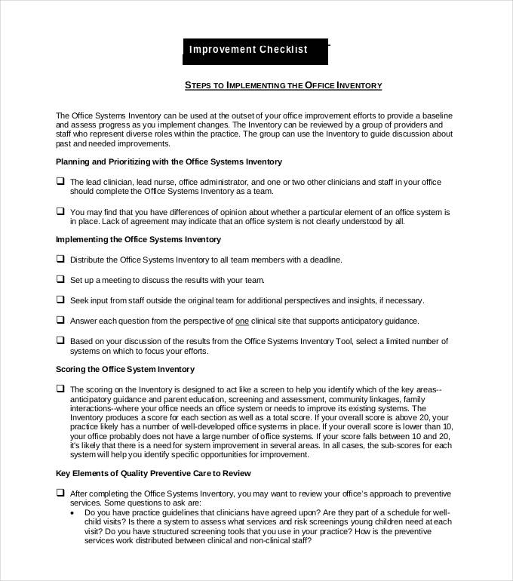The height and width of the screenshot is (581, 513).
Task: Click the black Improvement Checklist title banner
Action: pyautogui.click(x=256, y=50)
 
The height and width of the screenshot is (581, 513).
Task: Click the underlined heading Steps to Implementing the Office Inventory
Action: pyautogui.click(x=284, y=85)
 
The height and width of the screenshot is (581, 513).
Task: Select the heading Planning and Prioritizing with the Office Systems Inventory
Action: pyautogui.click(x=169, y=161)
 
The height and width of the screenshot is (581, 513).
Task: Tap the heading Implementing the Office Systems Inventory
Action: pyautogui.click(x=138, y=239)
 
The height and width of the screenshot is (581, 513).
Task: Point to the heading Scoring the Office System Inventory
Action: pyautogui.click(x=125, y=369)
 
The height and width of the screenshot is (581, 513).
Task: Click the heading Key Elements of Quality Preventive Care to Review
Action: pyautogui.click(x=153, y=473)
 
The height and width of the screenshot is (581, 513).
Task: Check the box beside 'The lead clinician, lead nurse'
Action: pyautogui.click(x=60, y=181)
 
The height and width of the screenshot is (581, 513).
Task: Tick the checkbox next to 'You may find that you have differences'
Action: pyautogui.click(x=60, y=212)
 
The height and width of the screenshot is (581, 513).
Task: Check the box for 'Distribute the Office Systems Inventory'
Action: pyautogui.click(x=60, y=259)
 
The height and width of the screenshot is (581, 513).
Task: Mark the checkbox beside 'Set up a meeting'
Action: pyautogui.click(x=60, y=279)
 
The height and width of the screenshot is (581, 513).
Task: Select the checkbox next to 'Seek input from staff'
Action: pyautogui.click(x=60, y=300)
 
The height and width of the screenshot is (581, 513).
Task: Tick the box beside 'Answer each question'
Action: pyautogui.click(x=60, y=320)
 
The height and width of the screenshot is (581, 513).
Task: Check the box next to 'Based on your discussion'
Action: pyautogui.click(x=60, y=340)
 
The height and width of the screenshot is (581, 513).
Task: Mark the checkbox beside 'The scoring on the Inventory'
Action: pyautogui.click(x=60, y=389)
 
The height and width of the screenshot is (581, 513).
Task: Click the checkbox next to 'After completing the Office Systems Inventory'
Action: pyautogui.click(x=60, y=492)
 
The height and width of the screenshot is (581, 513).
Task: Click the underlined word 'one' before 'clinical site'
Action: pyautogui.click(x=242, y=321)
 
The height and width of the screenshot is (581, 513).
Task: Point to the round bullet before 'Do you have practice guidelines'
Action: pyautogui.click(x=72, y=512)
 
